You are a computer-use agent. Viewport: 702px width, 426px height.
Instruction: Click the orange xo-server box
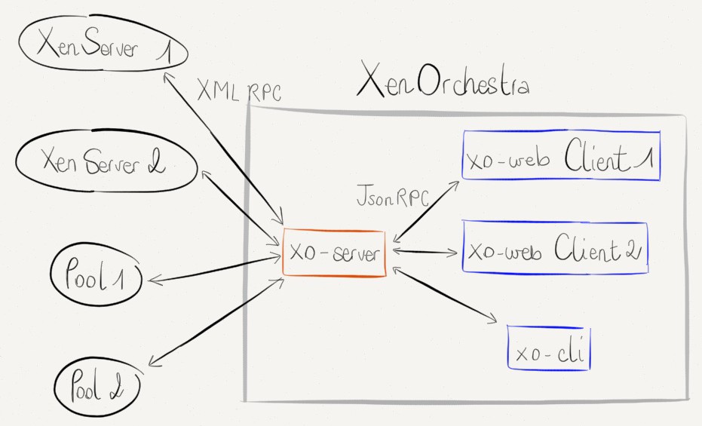click(334, 253)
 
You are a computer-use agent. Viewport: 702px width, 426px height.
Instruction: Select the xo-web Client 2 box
click(555, 248)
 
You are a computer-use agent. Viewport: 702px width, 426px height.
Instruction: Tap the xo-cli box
click(549, 348)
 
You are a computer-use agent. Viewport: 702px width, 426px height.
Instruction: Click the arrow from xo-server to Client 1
click(426, 210)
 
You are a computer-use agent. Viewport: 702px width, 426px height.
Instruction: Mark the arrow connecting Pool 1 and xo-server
click(215, 270)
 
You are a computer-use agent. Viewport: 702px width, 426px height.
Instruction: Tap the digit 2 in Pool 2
click(125, 388)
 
